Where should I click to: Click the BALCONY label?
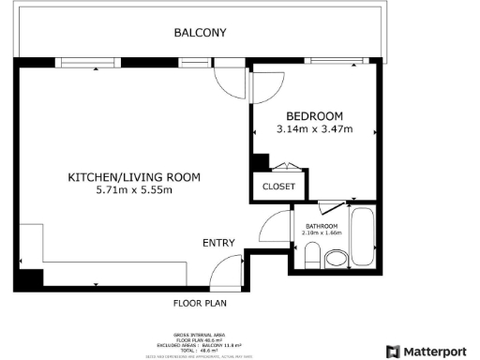click(200, 33)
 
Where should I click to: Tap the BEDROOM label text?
click(314, 114)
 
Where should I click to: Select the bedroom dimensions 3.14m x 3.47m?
click(314, 128)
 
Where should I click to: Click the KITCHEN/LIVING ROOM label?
click(135, 177)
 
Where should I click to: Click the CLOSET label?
click(278, 187)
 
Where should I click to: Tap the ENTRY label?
click(218, 243)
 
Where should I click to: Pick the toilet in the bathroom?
click(312, 254)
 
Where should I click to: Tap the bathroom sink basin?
click(335, 259)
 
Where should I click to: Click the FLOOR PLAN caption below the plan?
click(200, 303)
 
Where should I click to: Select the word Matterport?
click(437, 352)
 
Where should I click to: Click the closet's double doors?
click(285, 168)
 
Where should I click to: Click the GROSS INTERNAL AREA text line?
click(199, 334)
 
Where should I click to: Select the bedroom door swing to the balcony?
click(266, 84)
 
